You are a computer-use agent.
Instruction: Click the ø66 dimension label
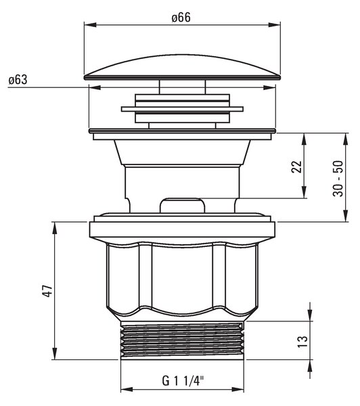click(x=181, y=18)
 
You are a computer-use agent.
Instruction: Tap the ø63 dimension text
click(x=18, y=80)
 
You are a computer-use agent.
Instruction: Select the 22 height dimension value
click(x=297, y=166)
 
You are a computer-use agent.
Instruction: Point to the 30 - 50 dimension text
click(x=338, y=179)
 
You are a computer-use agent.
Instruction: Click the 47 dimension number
click(x=47, y=291)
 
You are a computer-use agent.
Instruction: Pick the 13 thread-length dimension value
click(x=302, y=342)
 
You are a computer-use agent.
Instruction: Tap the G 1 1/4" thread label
click(x=183, y=380)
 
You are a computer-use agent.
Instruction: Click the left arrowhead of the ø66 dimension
click(x=90, y=25)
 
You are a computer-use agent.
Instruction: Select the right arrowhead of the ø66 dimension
click(x=274, y=25)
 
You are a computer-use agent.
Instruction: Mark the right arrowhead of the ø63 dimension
click(x=269, y=87)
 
